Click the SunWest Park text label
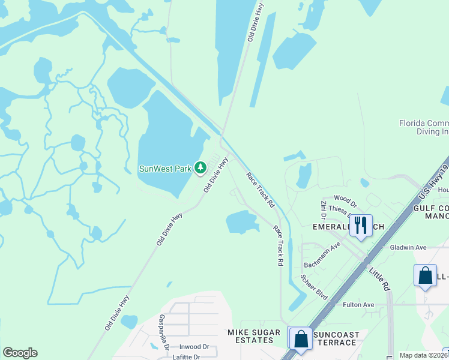coord(165,169)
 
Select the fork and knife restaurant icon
coord(360,226)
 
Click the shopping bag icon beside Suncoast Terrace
coord(300,338)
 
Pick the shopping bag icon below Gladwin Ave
coord(425,276)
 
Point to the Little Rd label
coord(379,280)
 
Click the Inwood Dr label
coord(193,347)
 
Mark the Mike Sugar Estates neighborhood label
coord(254,336)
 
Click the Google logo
coord(20,353)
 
